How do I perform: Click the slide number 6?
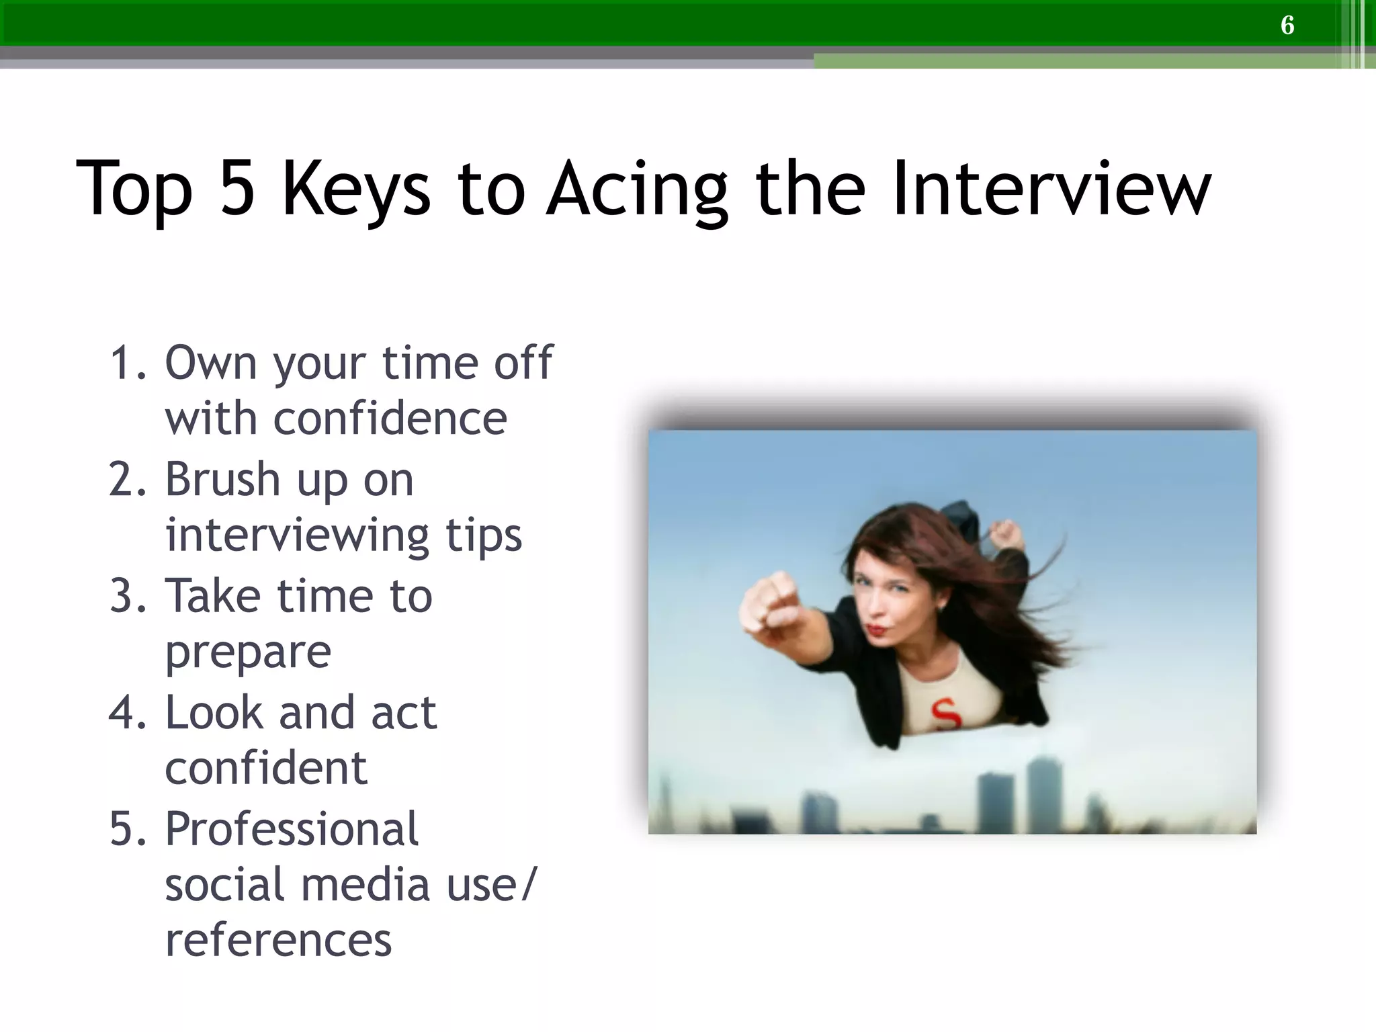point(1287,26)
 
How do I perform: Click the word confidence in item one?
point(336,419)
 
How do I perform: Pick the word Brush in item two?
point(222,480)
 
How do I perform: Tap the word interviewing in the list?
point(297,535)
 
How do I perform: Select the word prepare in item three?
point(248,652)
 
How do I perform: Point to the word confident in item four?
point(266,768)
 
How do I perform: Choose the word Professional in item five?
point(292,829)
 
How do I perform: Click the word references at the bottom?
point(278,940)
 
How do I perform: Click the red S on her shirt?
point(946,714)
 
